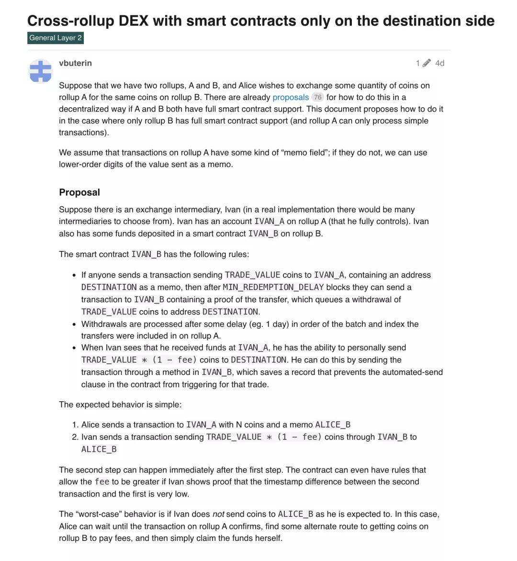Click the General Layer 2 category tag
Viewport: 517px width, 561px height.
[x=56, y=38]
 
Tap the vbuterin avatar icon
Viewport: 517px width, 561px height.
[x=41, y=71]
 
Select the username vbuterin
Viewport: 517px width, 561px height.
[x=75, y=63]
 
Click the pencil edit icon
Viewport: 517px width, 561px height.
[x=427, y=63]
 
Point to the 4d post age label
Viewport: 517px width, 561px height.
[x=439, y=63]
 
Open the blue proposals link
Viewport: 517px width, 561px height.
[x=291, y=97]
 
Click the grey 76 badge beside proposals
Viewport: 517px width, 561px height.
[x=317, y=97]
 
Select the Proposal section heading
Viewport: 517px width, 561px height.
[x=79, y=192]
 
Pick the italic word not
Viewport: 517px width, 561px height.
[x=218, y=514]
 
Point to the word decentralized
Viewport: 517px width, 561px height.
[x=86, y=109]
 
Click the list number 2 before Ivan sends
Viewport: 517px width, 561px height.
[x=75, y=437]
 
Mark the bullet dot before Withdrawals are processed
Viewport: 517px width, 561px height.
[x=74, y=325]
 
